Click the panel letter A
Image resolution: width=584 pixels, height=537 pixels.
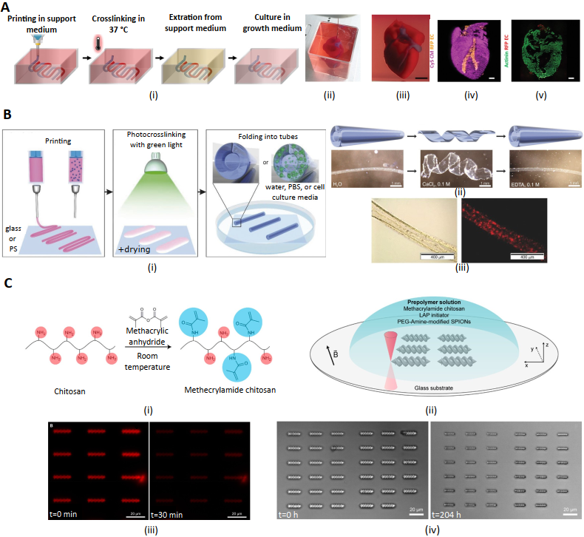[8, 7]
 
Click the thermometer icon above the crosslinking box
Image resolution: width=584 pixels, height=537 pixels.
[98, 44]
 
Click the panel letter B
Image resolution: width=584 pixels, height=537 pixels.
[7, 115]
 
